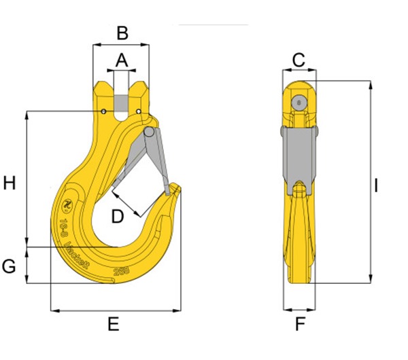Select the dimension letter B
point(121,32)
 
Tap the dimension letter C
point(299,60)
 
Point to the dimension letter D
point(118,216)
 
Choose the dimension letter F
point(300,325)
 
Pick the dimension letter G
point(9,266)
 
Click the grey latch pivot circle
point(149,132)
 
